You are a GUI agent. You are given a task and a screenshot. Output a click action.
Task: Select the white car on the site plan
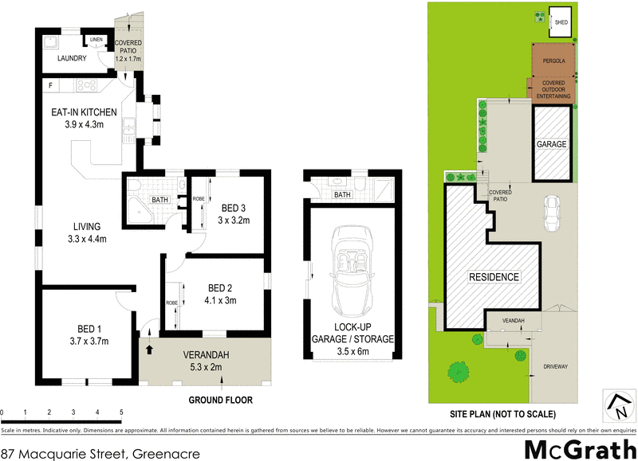(x=550, y=213)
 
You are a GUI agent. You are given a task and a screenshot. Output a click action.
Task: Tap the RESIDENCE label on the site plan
(x=494, y=277)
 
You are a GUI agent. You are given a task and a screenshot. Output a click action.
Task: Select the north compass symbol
(x=617, y=405)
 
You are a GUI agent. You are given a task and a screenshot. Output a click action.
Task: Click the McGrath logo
(x=576, y=449)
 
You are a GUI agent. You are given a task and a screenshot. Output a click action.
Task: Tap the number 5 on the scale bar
(x=121, y=412)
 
